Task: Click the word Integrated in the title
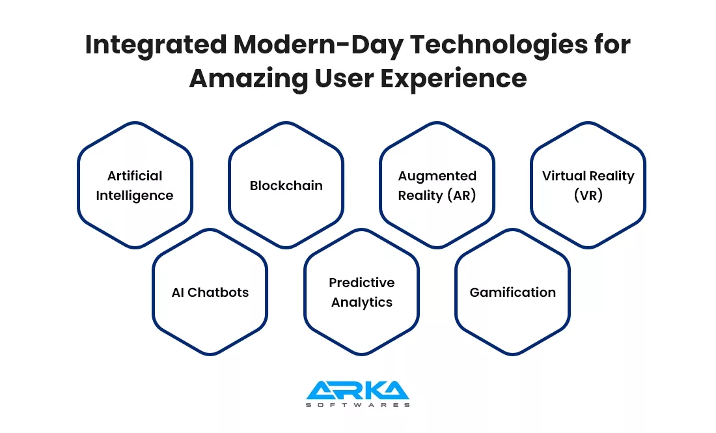pyautogui.click(x=156, y=46)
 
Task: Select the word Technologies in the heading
pyautogui.click(x=499, y=45)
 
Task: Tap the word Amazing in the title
pyautogui.click(x=249, y=79)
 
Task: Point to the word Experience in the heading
pyautogui.click(x=454, y=79)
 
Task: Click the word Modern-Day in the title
pyautogui.click(x=318, y=46)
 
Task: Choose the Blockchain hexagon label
pyautogui.click(x=286, y=186)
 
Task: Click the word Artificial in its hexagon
pyautogui.click(x=135, y=175)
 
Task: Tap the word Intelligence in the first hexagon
pyautogui.click(x=135, y=195)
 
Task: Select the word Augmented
pyautogui.click(x=437, y=176)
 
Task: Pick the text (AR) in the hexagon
pyautogui.click(x=461, y=195)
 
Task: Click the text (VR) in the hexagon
pyautogui.click(x=588, y=195)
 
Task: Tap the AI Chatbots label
pyautogui.click(x=210, y=292)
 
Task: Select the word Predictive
pyautogui.click(x=362, y=283)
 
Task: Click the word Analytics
pyautogui.click(x=362, y=302)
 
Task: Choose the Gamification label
pyautogui.click(x=513, y=292)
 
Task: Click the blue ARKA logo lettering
pyautogui.click(x=357, y=390)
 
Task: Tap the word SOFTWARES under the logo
pyautogui.click(x=357, y=405)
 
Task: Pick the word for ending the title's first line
pyautogui.click(x=613, y=45)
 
